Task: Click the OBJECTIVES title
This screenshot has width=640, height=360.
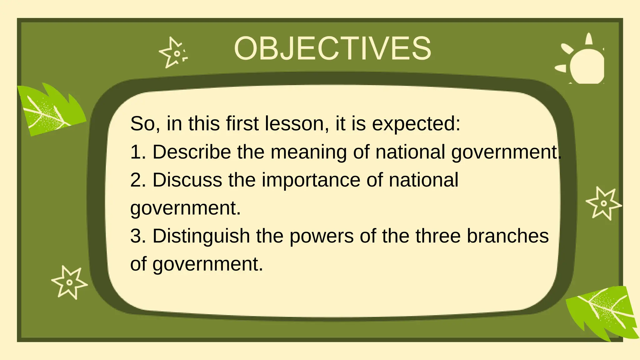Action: (x=332, y=48)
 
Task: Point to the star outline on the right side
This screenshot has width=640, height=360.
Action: (x=603, y=203)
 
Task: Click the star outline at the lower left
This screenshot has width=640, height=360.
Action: (x=69, y=282)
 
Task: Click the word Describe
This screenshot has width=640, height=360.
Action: (x=191, y=152)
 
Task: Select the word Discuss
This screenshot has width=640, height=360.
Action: (x=187, y=180)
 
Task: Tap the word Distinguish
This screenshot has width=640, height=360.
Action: (x=201, y=236)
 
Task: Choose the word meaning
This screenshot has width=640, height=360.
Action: (x=308, y=152)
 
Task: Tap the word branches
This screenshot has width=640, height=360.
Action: (x=507, y=236)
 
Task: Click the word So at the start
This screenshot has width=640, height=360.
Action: (x=142, y=124)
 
